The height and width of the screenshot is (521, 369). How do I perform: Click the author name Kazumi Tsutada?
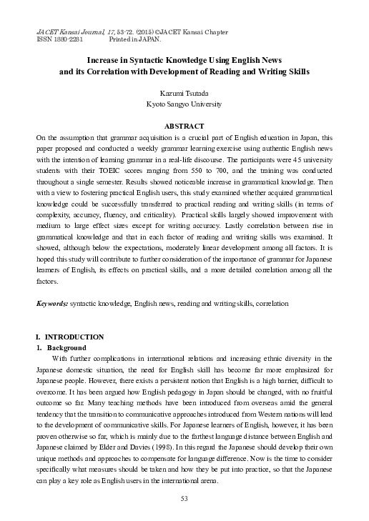click(x=184, y=93)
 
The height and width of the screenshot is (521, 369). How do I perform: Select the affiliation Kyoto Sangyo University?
click(x=184, y=104)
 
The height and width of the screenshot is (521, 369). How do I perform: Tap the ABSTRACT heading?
click(x=184, y=126)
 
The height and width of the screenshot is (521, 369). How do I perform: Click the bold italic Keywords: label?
click(x=52, y=303)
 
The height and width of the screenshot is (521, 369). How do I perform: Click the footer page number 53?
click(x=184, y=498)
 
